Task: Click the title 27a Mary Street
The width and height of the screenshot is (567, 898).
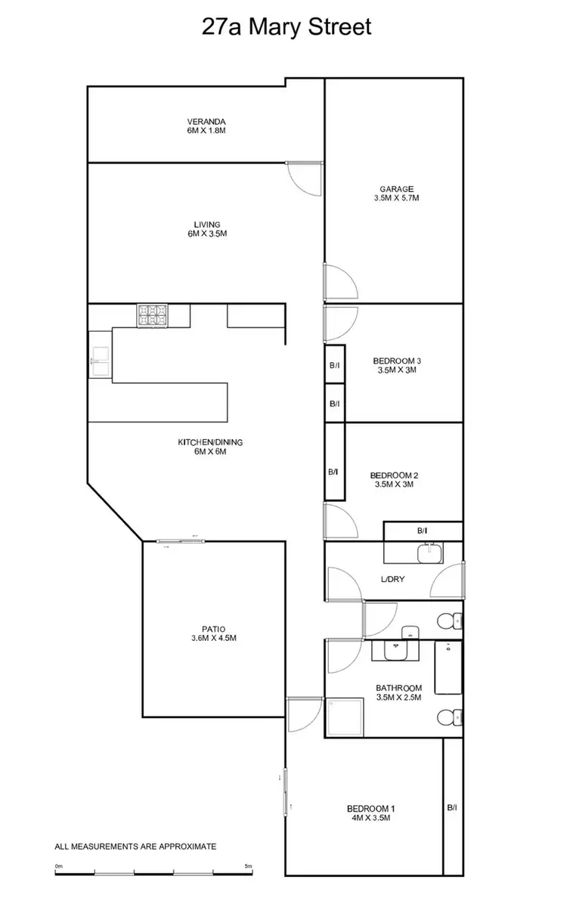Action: [x=287, y=28]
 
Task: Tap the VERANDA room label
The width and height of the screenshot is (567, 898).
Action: [x=206, y=126]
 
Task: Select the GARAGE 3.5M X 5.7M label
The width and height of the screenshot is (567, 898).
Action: [x=396, y=194]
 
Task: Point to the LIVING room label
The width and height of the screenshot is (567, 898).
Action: [x=206, y=229]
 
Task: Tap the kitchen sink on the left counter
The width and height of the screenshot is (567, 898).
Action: [x=101, y=355]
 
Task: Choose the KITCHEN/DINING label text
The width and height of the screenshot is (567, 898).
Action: [x=210, y=447]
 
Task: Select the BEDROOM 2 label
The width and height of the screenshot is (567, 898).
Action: [x=394, y=480]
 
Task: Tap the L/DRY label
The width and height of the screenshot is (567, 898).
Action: [x=392, y=580]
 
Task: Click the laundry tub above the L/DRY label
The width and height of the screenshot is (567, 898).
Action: [x=429, y=553]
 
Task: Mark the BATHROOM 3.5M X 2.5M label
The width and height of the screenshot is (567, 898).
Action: [x=398, y=692]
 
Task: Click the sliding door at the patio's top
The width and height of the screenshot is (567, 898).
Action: [x=180, y=540]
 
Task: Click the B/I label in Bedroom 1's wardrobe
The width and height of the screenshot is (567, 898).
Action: [x=452, y=808]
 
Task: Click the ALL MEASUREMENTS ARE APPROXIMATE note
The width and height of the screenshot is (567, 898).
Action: [x=135, y=847]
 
